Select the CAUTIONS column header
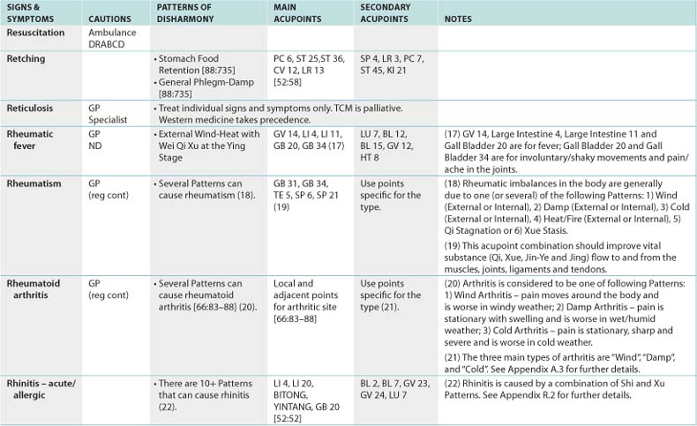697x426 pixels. [x=109, y=18]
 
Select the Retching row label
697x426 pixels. [x=26, y=58]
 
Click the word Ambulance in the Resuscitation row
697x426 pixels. [x=110, y=31]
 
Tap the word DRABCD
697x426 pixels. [x=107, y=42]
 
